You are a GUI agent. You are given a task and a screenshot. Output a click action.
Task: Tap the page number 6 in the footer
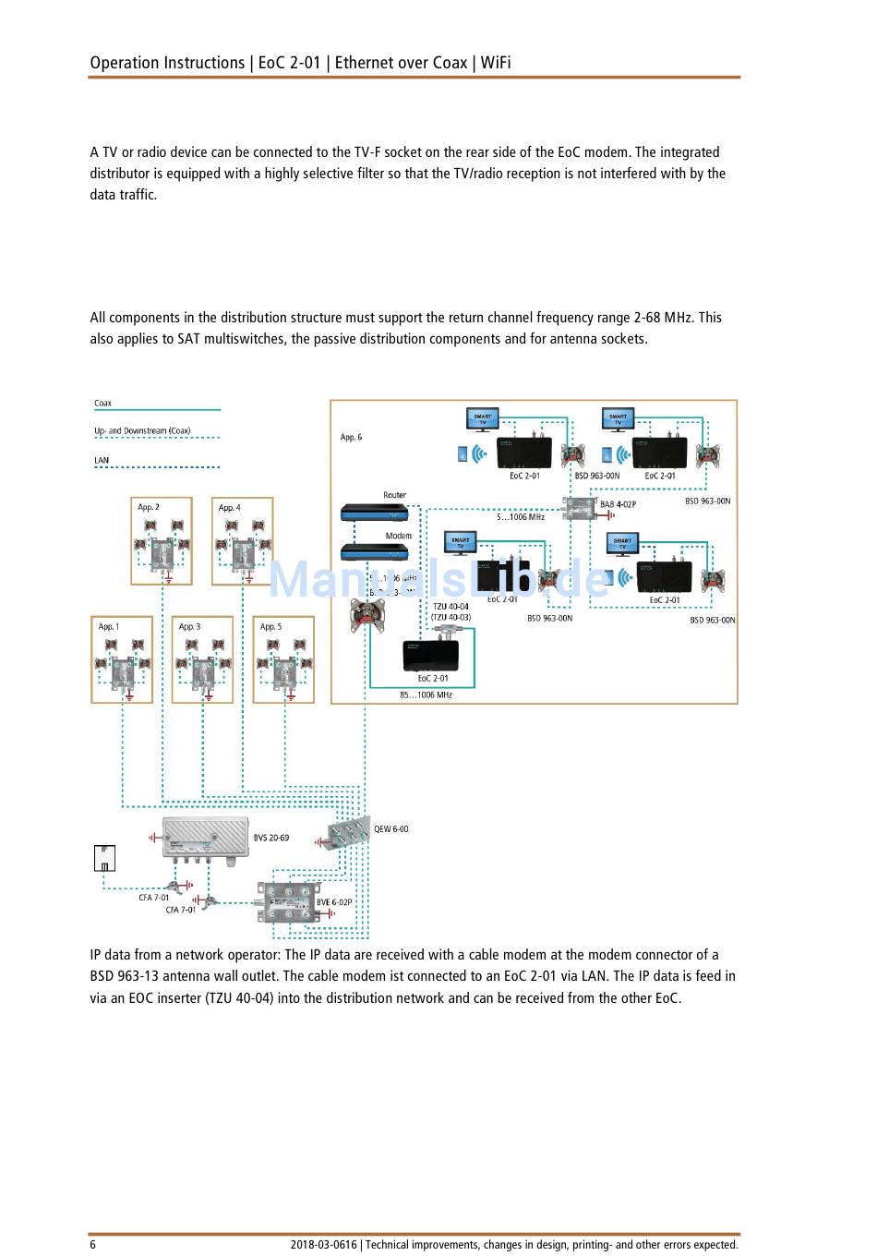click(x=93, y=1244)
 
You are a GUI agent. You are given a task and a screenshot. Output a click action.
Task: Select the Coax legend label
click(x=102, y=403)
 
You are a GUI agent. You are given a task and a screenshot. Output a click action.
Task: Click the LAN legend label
click(x=102, y=460)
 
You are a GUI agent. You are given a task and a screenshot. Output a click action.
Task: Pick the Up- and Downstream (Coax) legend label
click(x=142, y=430)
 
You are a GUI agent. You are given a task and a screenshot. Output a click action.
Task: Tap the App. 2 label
click(x=149, y=507)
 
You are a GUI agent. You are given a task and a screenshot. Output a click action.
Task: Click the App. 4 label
click(x=229, y=507)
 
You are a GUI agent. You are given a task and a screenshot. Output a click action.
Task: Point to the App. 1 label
click(x=109, y=626)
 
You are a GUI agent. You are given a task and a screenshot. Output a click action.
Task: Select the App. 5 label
click(x=270, y=626)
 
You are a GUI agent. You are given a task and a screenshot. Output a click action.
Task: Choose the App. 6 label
click(x=351, y=437)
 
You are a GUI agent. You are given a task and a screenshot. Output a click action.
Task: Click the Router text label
click(x=395, y=495)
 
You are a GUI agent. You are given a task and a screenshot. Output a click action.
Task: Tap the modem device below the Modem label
click(x=374, y=552)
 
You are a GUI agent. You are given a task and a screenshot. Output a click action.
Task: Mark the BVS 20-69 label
click(x=271, y=838)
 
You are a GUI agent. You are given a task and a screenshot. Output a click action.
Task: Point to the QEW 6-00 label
click(x=391, y=828)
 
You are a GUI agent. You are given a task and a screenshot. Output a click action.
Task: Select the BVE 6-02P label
click(x=334, y=902)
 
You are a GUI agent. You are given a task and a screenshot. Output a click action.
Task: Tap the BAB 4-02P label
click(x=618, y=504)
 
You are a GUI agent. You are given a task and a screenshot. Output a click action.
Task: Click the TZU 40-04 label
click(x=451, y=607)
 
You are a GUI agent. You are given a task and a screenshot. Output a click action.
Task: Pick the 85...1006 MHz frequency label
click(x=426, y=694)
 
